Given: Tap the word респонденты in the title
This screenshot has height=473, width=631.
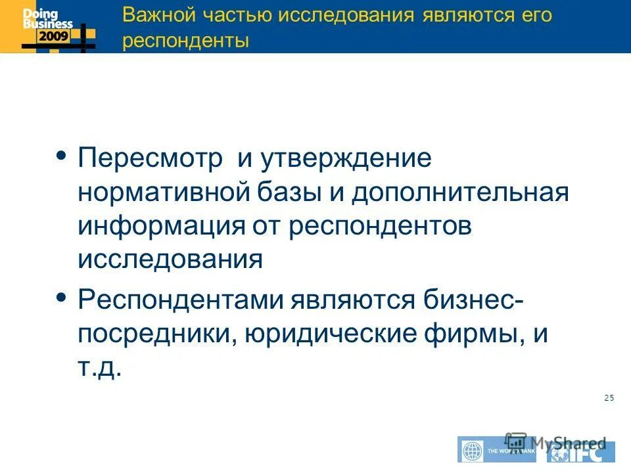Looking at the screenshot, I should point(186,41).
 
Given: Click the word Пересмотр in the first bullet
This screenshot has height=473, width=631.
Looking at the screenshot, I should point(152,159).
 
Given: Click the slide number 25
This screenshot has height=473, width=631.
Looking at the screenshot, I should point(608,397).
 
